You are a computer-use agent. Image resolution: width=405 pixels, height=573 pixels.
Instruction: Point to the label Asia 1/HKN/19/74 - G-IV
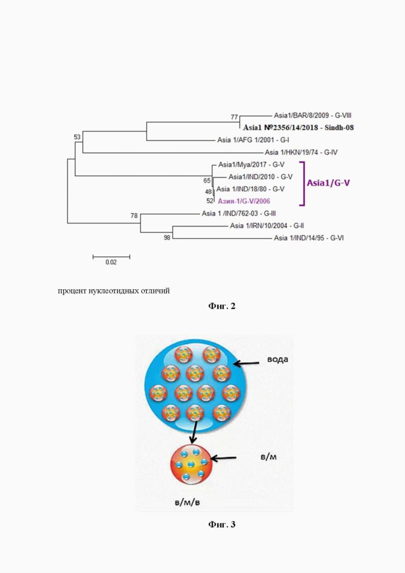coord(298,153)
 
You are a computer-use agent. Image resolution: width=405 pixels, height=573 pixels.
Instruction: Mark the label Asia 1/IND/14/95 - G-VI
coord(309,238)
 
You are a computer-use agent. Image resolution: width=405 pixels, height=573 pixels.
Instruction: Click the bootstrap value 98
coord(167,238)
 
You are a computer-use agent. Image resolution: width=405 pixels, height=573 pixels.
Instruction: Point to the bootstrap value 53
coord(77,137)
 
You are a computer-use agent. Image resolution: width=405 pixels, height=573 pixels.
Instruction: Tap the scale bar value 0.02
coord(111,262)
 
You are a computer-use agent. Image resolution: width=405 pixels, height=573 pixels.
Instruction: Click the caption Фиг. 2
coord(222,306)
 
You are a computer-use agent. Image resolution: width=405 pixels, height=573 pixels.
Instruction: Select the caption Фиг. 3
coord(222,525)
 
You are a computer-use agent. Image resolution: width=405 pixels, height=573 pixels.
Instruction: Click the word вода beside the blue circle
coord(277,359)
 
